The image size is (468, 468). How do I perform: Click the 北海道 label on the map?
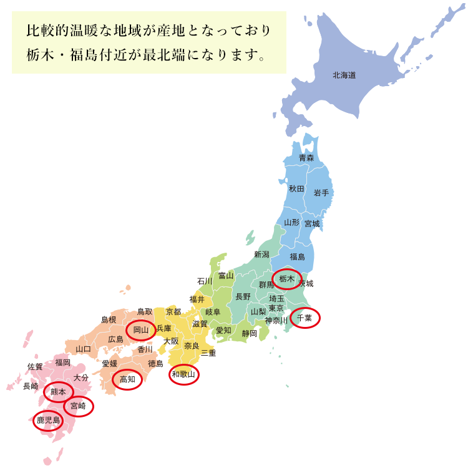(344, 76)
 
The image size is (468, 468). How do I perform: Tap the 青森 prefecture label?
(306, 158)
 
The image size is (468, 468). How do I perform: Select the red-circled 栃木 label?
(287, 278)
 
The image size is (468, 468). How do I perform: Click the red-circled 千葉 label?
(305, 318)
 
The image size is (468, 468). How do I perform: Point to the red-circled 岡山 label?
(140, 329)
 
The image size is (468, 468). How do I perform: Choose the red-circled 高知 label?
(127, 379)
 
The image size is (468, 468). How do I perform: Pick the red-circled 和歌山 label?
(184, 374)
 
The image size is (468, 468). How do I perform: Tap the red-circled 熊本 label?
(58, 391)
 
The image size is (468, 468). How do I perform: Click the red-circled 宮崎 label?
(78, 406)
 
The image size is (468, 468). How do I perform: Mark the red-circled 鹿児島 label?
(48, 421)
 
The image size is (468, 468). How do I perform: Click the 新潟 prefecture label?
(261, 254)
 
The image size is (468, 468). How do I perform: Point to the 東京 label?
(276, 308)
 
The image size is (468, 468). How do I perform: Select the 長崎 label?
(31, 386)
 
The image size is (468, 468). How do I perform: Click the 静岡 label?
(249, 333)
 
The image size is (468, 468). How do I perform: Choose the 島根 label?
(109, 319)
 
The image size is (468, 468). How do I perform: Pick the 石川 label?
(205, 281)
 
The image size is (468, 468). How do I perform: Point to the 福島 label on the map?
(297, 256)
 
